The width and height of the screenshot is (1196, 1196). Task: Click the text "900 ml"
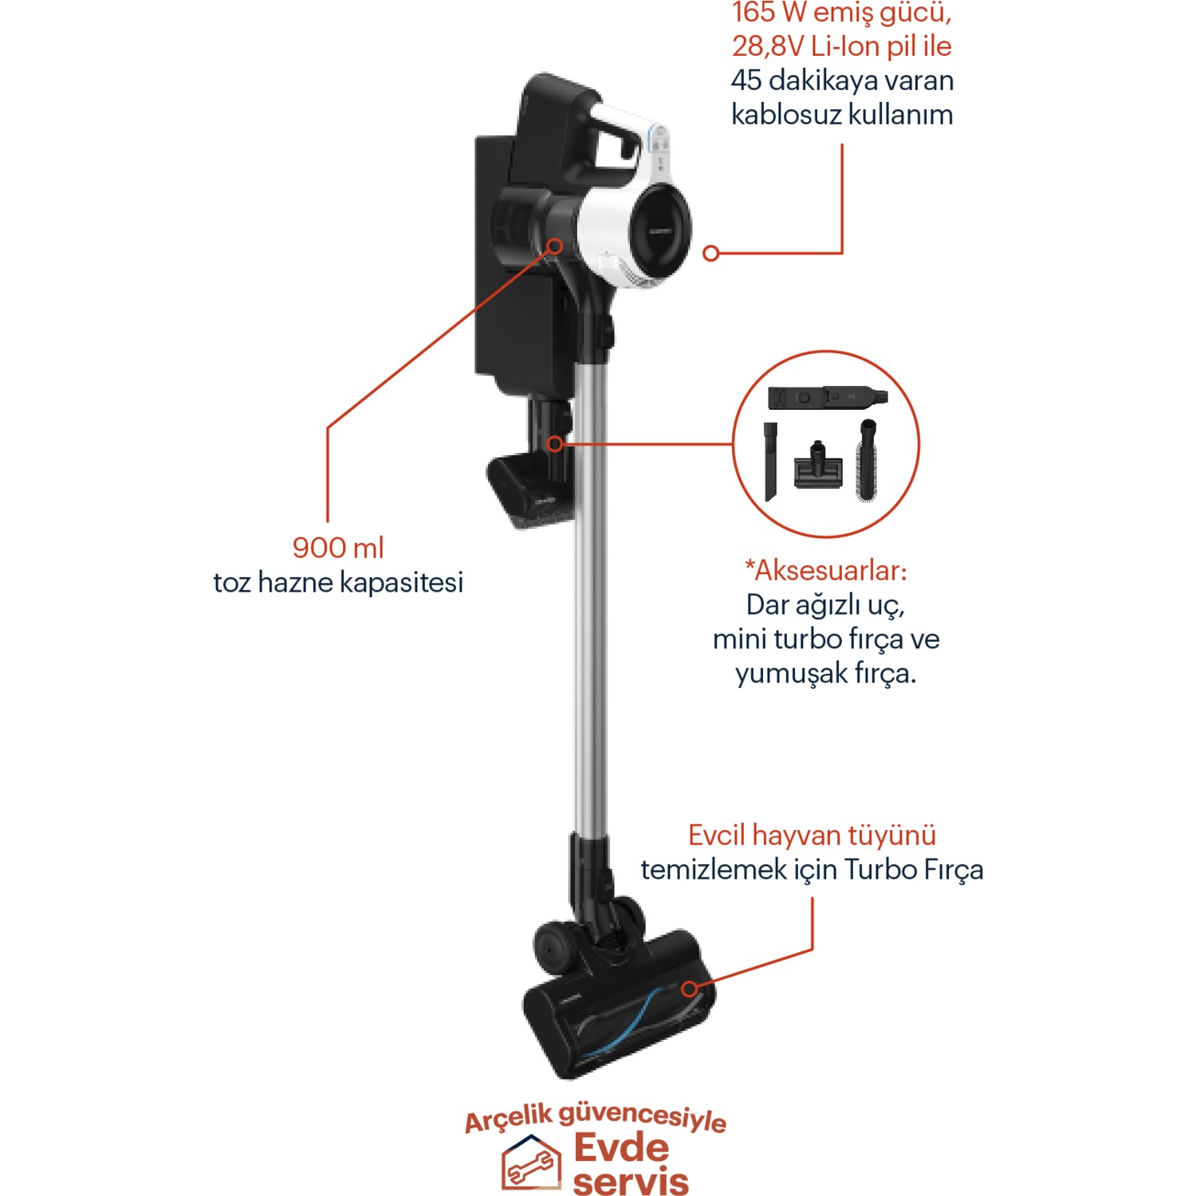[338, 548]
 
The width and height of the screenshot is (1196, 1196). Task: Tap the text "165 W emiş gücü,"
[841, 14]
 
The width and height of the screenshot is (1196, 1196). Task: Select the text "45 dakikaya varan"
[842, 81]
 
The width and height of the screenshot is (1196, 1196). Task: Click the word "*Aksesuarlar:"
[826, 570]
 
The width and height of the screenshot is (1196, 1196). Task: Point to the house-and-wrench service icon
[531, 1163]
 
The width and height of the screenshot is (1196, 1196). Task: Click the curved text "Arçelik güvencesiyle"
[596, 1116]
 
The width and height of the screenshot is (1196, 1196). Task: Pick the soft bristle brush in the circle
[867, 460]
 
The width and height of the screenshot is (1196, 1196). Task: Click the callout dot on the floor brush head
[690, 989]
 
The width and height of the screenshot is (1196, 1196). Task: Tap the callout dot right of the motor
[711, 254]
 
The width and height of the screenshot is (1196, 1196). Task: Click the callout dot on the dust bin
[555, 246]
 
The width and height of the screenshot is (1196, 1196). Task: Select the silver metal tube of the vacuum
[589, 598]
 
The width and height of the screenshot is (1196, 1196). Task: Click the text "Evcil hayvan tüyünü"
[812, 835]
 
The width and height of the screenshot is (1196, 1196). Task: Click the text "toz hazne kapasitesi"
[338, 582]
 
